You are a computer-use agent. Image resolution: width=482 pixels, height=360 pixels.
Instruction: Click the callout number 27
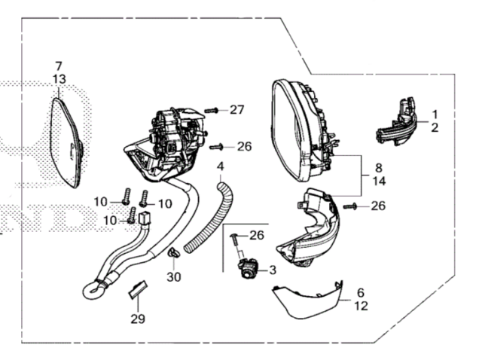tap(237, 110)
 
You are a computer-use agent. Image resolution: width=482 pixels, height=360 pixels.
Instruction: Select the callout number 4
tap(221, 166)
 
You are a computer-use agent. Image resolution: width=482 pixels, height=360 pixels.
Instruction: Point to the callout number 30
tap(175, 277)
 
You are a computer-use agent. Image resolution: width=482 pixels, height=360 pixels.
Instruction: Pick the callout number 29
tap(136, 319)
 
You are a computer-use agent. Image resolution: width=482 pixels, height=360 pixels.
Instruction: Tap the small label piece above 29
tap(136, 288)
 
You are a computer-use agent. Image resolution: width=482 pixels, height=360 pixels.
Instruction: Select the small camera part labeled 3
tap(249, 268)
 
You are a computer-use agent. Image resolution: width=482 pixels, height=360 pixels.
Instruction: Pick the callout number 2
tap(435, 128)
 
